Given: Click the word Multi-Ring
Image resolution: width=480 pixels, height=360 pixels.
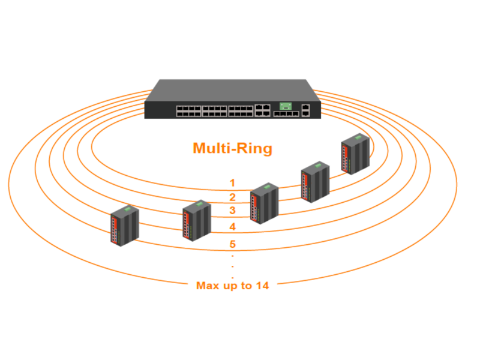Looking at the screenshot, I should tap(232, 149).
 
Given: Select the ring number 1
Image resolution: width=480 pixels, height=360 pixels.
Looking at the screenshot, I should tap(233, 183).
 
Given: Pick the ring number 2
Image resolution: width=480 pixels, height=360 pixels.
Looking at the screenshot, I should tap(233, 197).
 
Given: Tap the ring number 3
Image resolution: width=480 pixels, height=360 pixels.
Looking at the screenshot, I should tap(233, 211).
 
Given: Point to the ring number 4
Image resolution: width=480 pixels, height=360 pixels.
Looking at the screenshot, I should tap(233, 227).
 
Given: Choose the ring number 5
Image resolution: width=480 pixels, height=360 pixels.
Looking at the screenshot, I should tap(233, 244).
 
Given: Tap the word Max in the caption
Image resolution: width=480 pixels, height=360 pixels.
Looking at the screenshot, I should tap(207, 286).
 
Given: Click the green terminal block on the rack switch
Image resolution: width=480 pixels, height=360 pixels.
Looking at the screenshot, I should tap(286, 105).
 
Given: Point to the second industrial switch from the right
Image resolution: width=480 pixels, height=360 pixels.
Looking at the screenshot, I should tap(315, 182).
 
